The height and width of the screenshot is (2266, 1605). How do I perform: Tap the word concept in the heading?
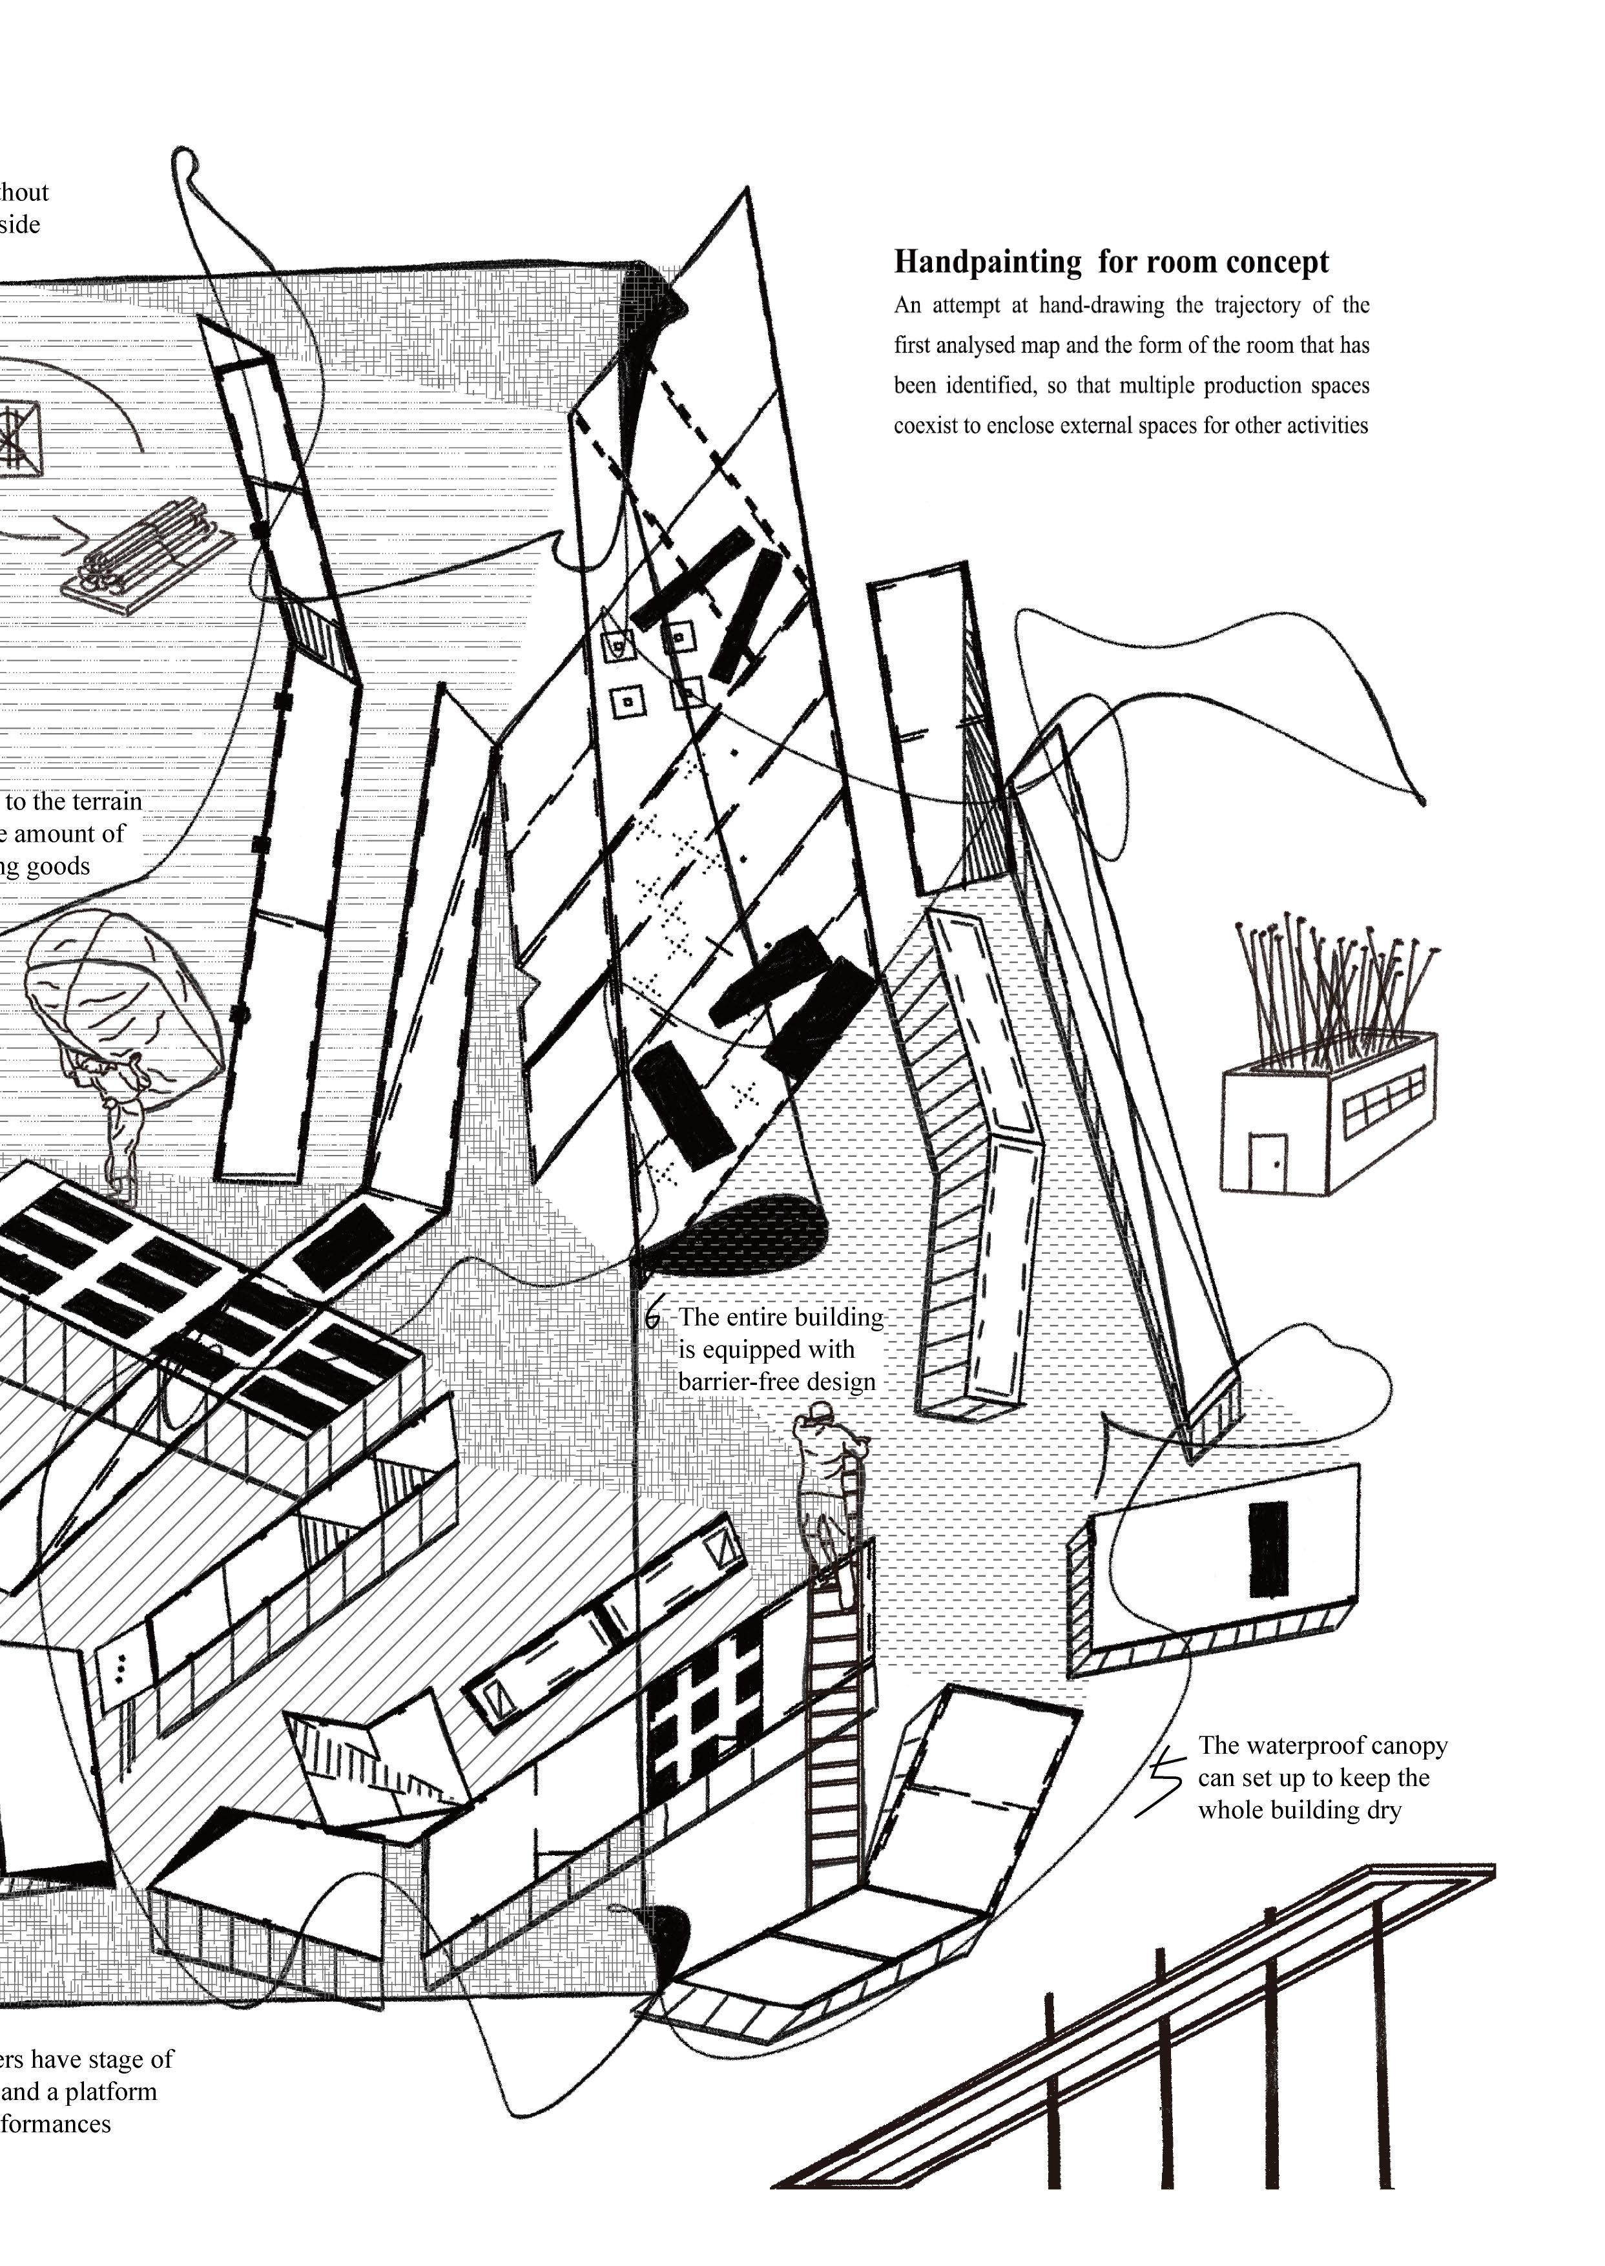click(x=1280, y=263)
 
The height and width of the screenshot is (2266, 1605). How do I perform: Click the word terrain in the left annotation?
click(x=102, y=802)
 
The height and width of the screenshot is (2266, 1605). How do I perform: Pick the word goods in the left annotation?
click(x=58, y=867)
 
